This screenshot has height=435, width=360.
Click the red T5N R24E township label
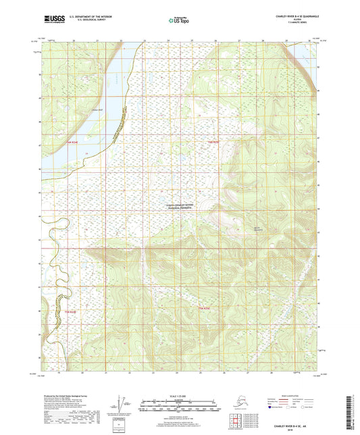point(215,143)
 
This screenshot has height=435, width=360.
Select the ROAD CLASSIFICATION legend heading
point(290,394)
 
